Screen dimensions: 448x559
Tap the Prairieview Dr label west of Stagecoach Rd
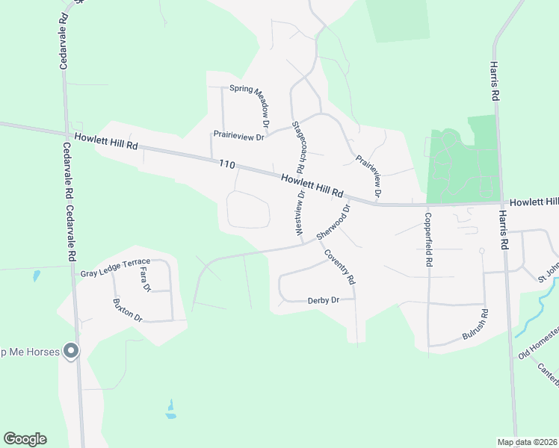pos(239,137)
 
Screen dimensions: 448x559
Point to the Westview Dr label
pos(301,214)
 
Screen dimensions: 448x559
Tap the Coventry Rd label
pos(339,267)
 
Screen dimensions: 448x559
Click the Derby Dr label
pos(324,300)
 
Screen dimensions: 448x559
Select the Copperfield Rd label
pos(429,238)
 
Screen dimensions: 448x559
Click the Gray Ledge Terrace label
pos(115,268)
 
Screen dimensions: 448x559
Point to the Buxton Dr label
pos(127,310)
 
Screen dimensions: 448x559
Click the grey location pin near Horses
pos(71,350)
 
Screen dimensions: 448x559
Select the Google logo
pos(25,439)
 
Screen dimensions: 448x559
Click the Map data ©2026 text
pos(527,442)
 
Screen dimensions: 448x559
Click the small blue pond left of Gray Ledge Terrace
pos(36,276)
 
